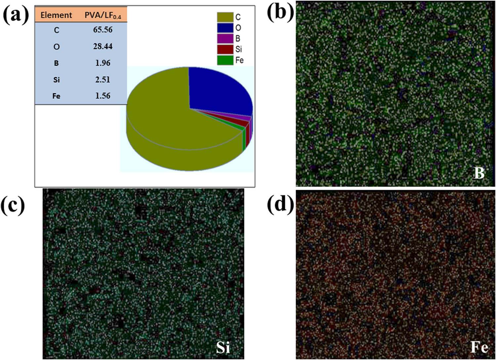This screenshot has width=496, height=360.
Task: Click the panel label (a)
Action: pos(16,15)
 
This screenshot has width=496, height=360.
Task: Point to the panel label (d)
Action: pos(280,204)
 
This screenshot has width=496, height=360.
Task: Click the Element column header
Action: pos(56,15)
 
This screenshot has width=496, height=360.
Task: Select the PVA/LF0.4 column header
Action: pos(103,15)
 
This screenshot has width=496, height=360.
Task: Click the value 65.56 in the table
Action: pos(103,30)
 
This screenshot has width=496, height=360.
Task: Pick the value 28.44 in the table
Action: pos(103,46)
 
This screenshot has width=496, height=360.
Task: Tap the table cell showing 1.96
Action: pos(103,63)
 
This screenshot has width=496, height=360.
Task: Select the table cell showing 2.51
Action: pos(103,79)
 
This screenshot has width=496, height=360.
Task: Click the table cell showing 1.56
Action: pos(103,96)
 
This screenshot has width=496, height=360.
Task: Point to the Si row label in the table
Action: pos(56,80)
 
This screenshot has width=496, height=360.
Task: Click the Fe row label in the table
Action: pos(56,96)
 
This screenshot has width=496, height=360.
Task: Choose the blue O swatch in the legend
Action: pos(225,28)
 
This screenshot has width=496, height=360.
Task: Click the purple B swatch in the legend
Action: pos(225,39)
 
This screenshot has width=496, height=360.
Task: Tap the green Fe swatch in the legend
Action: pos(225,60)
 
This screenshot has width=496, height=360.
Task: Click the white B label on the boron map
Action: pos(479,173)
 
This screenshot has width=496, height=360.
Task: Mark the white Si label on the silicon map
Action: pos(223,347)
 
